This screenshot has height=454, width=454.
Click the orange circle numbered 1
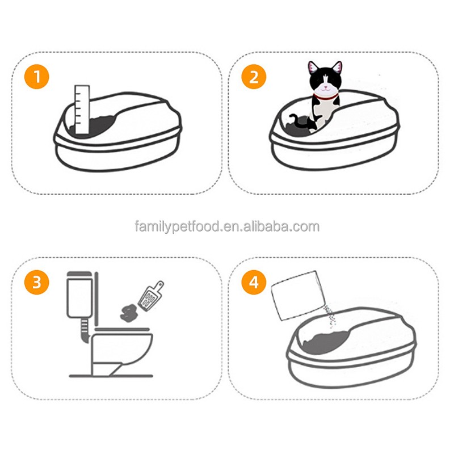click(x=36, y=77)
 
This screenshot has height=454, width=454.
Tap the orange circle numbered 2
click(x=254, y=77)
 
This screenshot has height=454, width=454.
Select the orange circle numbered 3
click(x=36, y=283)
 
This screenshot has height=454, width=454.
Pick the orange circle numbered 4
click(x=254, y=283)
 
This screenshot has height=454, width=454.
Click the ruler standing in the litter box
click(x=82, y=111)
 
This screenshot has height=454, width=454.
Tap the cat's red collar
click(x=325, y=97)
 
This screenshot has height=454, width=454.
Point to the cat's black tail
click(x=297, y=120)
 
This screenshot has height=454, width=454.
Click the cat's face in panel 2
click(x=325, y=84)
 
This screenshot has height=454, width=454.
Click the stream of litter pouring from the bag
click(x=328, y=315)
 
